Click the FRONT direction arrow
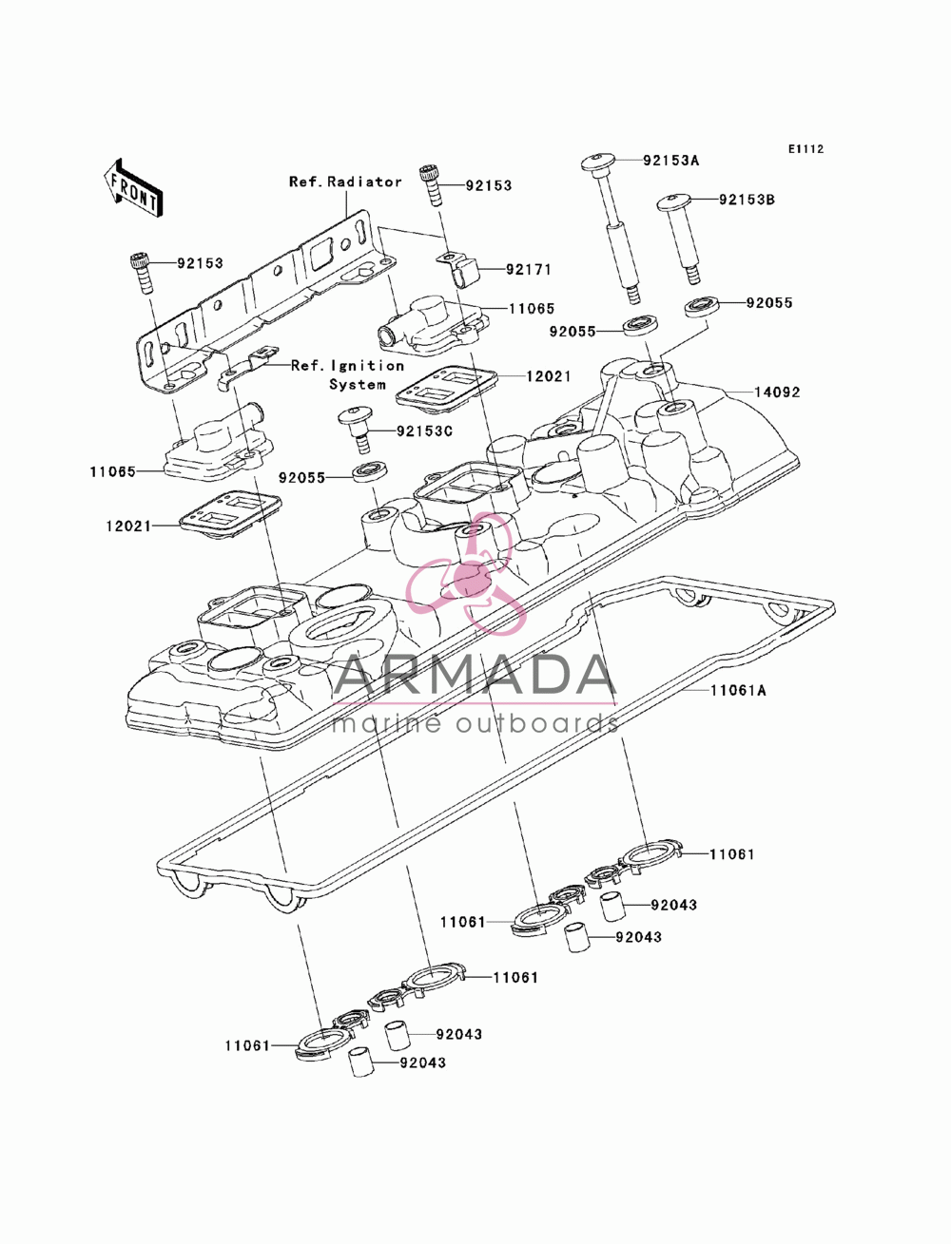pos(133,187)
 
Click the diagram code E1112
pos(805,149)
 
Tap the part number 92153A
pos(670,161)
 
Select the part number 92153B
pos(747,200)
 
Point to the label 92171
pos(529,269)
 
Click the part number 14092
pos(777,392)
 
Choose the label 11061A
pos(738,690)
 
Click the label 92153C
pos(424,431)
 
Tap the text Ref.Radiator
pos(346,182)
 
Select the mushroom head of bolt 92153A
pos(598,162)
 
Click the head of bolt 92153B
pos(673,201)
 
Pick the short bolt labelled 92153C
pos(356,429)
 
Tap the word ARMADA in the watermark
pos(475,675)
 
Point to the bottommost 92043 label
pos(423,1062)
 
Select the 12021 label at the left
pos(128,526)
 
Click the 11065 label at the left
pos(113,471)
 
